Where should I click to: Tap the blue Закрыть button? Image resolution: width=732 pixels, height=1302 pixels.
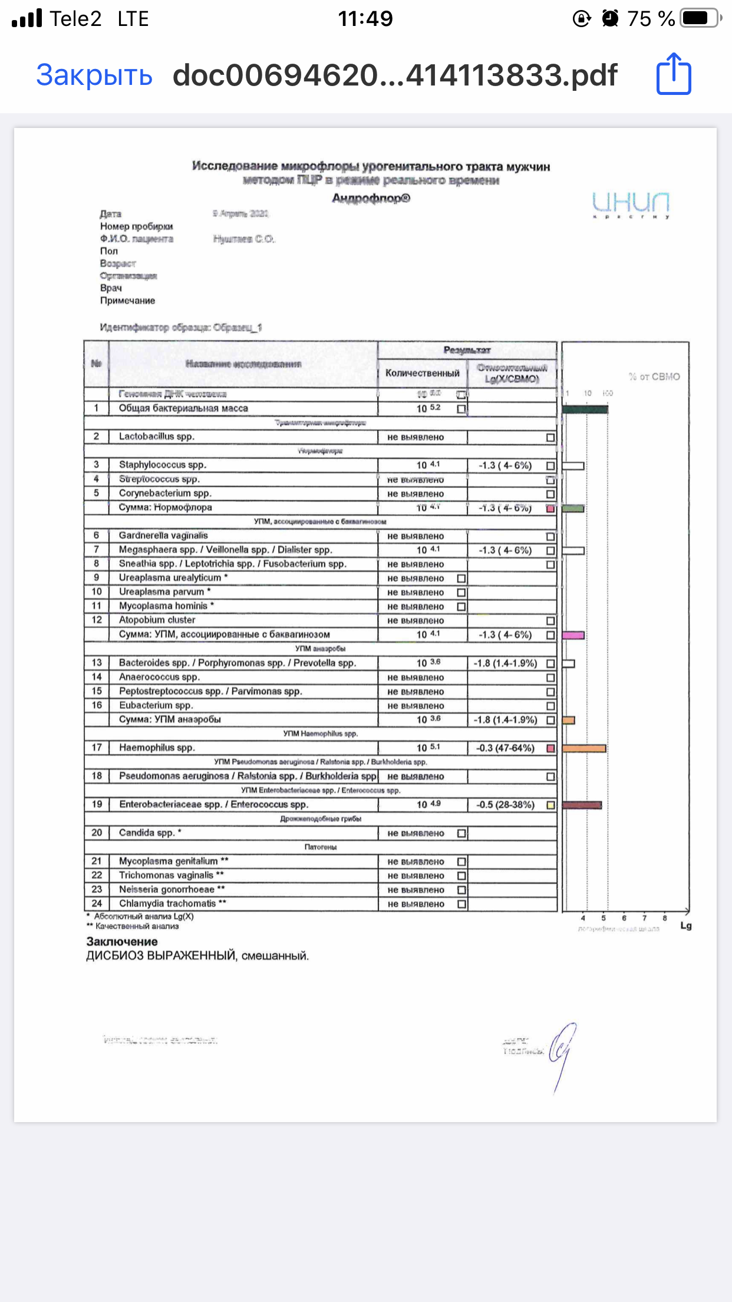94,75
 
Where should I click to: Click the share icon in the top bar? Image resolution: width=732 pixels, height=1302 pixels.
674,74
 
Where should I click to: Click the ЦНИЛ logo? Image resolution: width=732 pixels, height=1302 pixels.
631,203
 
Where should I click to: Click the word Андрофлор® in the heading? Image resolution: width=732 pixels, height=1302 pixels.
371,198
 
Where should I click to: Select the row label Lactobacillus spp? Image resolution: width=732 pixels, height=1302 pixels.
156,437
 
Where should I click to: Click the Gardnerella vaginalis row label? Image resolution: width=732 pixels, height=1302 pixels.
163,536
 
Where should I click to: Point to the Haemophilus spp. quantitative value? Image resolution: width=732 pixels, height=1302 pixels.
428,748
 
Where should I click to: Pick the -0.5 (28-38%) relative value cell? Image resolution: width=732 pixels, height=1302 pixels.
505,805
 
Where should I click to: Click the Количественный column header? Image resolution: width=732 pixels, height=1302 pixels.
422,373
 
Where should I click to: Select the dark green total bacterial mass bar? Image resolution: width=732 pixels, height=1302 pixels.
585,409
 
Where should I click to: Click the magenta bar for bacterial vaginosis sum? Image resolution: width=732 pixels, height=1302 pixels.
573,636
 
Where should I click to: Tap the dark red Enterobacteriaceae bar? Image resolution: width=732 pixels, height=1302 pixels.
582,805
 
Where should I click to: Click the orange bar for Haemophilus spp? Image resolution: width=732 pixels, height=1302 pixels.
583,748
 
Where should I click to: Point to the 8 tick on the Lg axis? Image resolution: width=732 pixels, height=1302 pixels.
665,918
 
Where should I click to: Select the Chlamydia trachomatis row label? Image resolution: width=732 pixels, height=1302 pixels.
167,904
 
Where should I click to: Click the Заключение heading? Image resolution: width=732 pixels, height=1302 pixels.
122,942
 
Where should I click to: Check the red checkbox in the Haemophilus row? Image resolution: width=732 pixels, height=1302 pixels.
550,748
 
